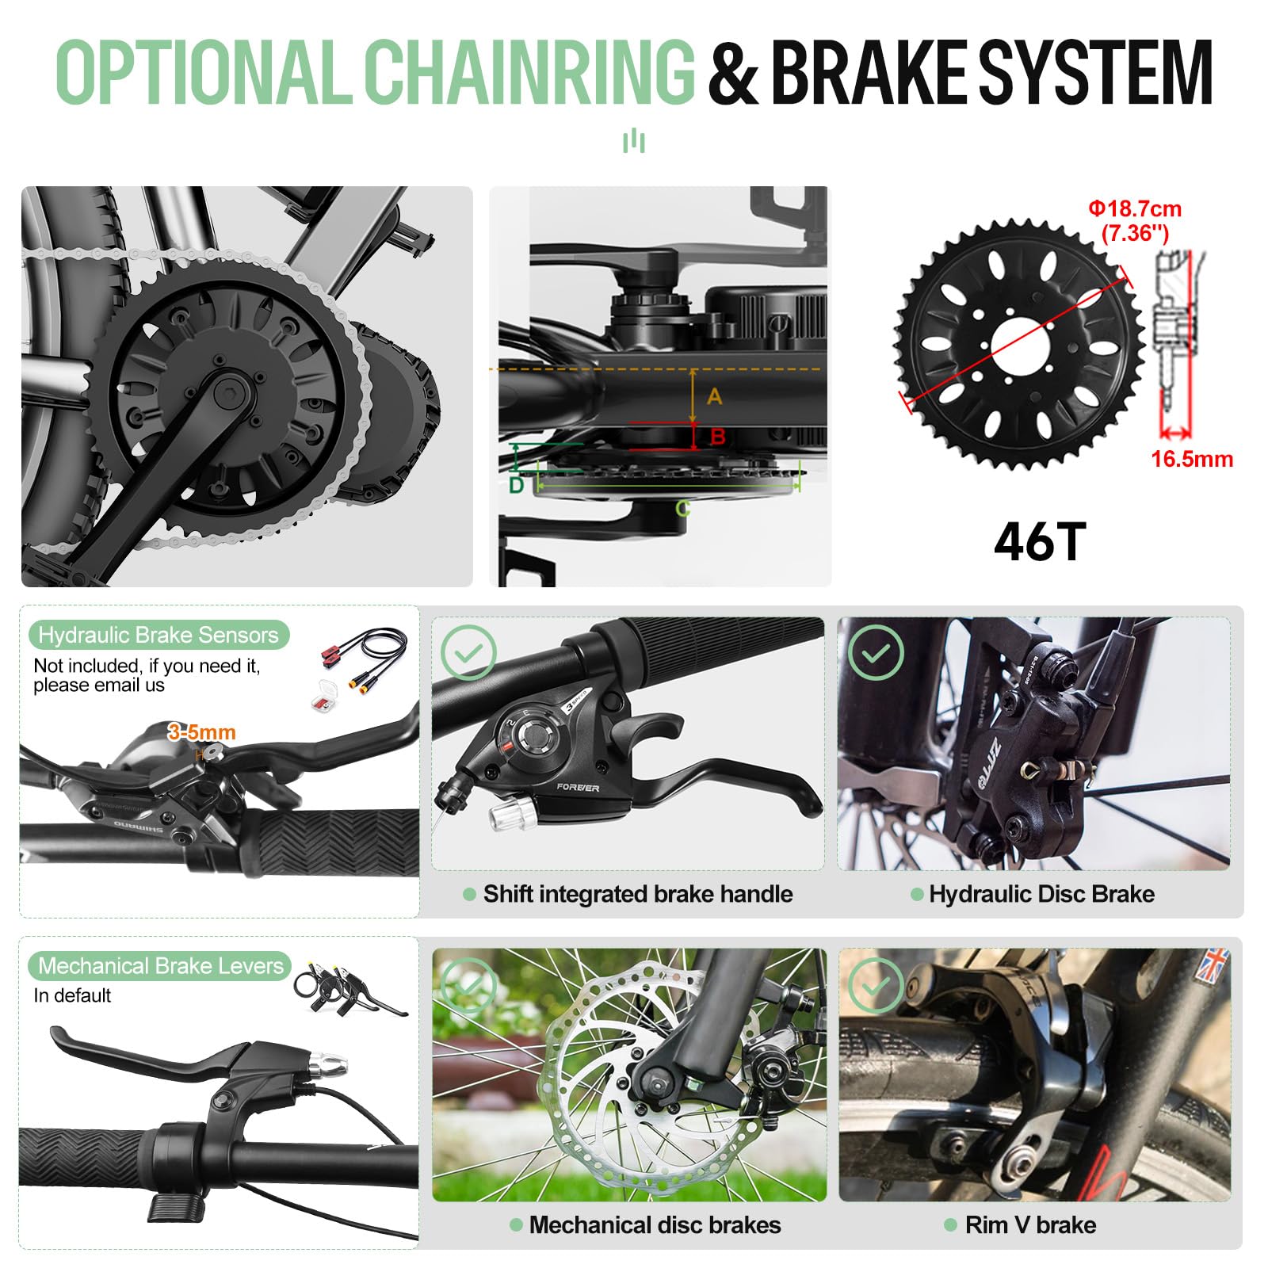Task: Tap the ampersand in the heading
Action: [732, 73]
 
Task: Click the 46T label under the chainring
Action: [1039, 543]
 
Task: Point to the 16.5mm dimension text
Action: [1191, 459]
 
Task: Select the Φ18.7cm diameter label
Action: [1134, 209]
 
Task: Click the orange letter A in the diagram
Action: [714, 396]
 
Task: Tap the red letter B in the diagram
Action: [718, 436]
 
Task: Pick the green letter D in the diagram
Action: [516, 485]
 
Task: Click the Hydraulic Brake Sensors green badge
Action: [158, 635]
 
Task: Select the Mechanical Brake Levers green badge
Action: [160, 965]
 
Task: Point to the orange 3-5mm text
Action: [201, 732]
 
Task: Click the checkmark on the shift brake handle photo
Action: [468, 652]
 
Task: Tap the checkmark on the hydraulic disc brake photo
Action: [876, 652]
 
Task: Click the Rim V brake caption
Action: [1030, 1224]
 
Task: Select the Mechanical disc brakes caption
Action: [655, 1224]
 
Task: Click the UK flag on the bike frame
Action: [1215, 964]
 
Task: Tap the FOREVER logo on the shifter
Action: [578, 787]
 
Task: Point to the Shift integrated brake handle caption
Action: [637, 894]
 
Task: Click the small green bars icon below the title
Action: [633, 141]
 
